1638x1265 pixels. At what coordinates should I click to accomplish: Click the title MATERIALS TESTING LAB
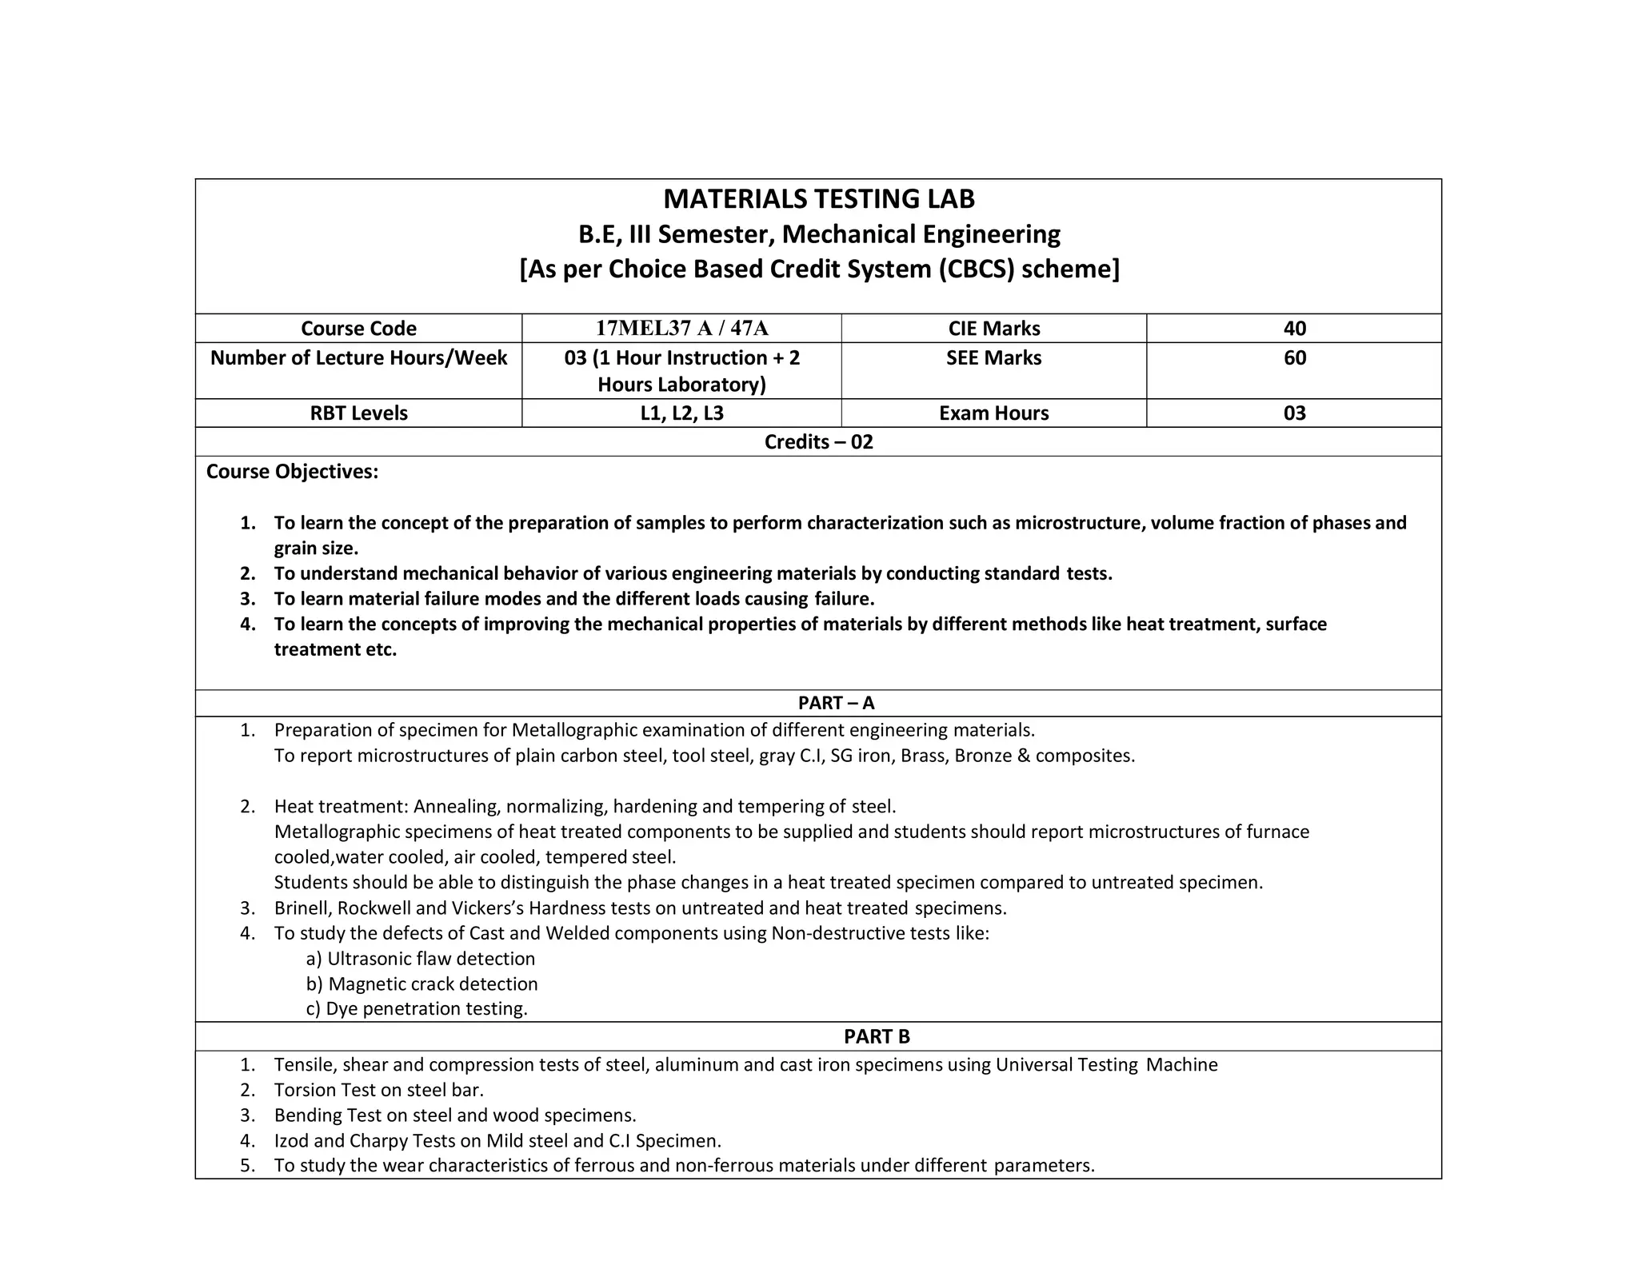click(x=819, y=199)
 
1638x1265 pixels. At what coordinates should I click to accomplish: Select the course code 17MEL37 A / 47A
click(x=681, y=329)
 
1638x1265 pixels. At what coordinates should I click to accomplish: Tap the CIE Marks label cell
click(x=993, y=329)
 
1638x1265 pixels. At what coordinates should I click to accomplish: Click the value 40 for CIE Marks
click(x=1294, y=329)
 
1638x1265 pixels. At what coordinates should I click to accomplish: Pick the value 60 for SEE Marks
click(x=1294, y=357)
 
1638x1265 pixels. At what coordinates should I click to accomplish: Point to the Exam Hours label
click(x=993, y=413)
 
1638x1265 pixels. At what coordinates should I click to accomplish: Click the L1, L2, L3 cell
click(x=681, y=413)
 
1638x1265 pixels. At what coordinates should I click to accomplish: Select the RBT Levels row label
click(x=358, y=413)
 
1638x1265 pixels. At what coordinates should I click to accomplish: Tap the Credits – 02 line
click(x=818, y=442)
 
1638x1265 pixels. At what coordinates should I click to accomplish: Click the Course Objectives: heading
click(x=292, y=472)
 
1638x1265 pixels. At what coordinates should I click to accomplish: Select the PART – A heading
click(x=836, y=703)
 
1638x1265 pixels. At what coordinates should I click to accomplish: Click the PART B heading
click(x=877, y=1036)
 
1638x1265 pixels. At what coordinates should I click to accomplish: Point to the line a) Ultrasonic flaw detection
click(x=421, y=959)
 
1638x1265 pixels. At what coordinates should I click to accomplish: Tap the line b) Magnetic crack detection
click(x=421, y=984)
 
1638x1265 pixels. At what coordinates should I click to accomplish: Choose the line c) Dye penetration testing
click(x=417, y=1009)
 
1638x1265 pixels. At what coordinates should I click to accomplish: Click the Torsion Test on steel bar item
click(x=378, y=1090)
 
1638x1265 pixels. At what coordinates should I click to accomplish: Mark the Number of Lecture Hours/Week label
click(x=358, y=357)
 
